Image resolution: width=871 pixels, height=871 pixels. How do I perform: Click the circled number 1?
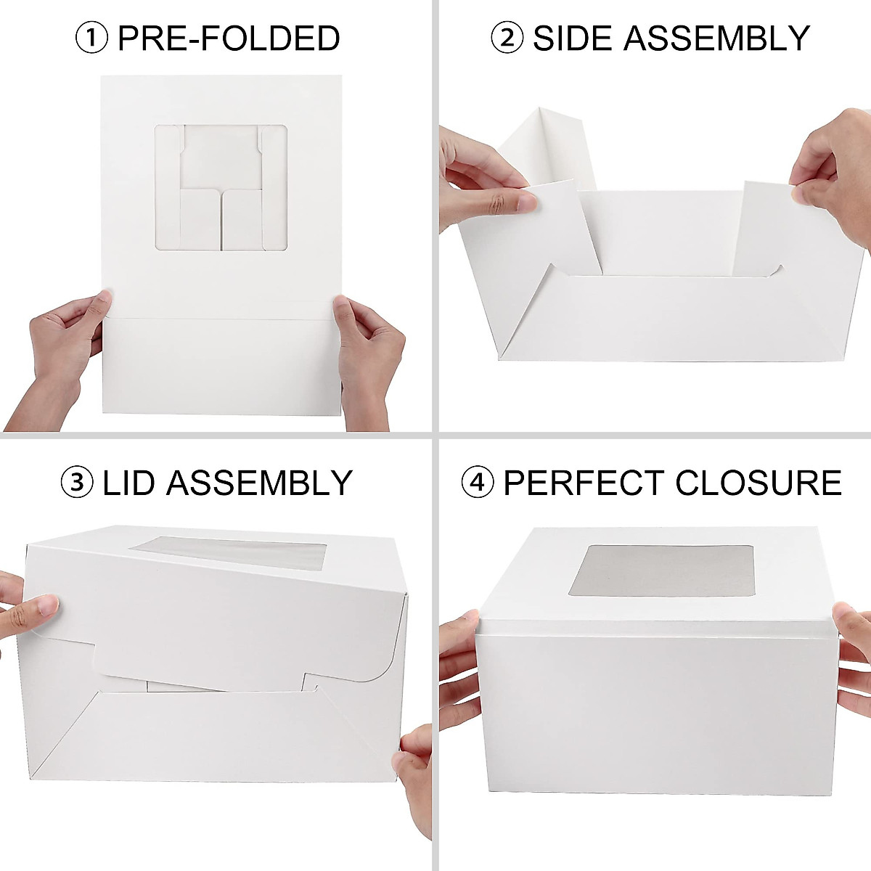click(91, 38)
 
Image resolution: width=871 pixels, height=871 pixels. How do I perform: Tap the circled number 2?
click(507, 38)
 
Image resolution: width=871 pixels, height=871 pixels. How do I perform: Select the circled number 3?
click(77, 483)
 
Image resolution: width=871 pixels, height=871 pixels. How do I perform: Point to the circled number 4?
click(478, 483)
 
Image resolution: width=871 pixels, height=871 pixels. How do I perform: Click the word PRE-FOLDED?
click(229, 38)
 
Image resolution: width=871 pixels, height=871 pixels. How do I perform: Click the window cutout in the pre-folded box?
click(221, 188)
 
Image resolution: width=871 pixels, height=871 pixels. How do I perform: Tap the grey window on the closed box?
click(661, 570)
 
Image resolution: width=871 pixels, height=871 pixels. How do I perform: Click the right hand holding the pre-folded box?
click(370, 356)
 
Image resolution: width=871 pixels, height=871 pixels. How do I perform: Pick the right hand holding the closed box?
click(853, 653)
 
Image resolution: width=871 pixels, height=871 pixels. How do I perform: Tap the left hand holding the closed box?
click(457, 668)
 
